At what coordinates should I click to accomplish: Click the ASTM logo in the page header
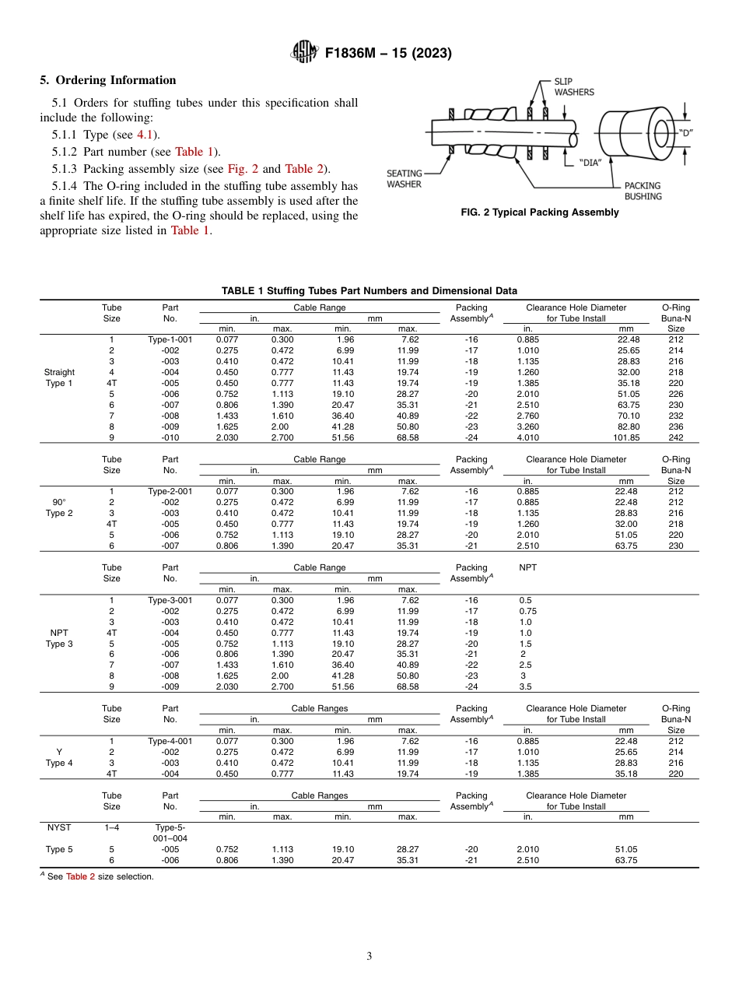tap(304, 52)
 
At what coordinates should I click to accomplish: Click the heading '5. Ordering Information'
tap(108, 80)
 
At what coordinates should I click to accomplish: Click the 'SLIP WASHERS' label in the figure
tap(573, 86)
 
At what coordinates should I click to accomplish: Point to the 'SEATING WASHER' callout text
tap(405, 178)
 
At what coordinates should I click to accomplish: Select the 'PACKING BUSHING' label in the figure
tap(643, 191)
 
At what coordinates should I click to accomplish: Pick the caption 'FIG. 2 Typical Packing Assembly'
tap(540, 212)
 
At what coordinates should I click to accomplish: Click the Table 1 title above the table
tap(369, 291)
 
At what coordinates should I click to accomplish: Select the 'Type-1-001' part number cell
tap(170, 339)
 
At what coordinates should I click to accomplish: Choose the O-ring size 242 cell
tap(675, 437)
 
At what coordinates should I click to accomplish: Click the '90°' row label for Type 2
tap(59, 502)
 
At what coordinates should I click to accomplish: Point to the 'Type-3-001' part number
tap(170, 600)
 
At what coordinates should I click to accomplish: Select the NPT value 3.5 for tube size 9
tap(526, 687)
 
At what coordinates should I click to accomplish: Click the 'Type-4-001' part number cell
tap(170, 741)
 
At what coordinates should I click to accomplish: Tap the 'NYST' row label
tap(59, 827)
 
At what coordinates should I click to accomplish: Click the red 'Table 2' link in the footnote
tap(80, 876)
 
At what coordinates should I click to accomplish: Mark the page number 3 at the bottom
tap(369, 956)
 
